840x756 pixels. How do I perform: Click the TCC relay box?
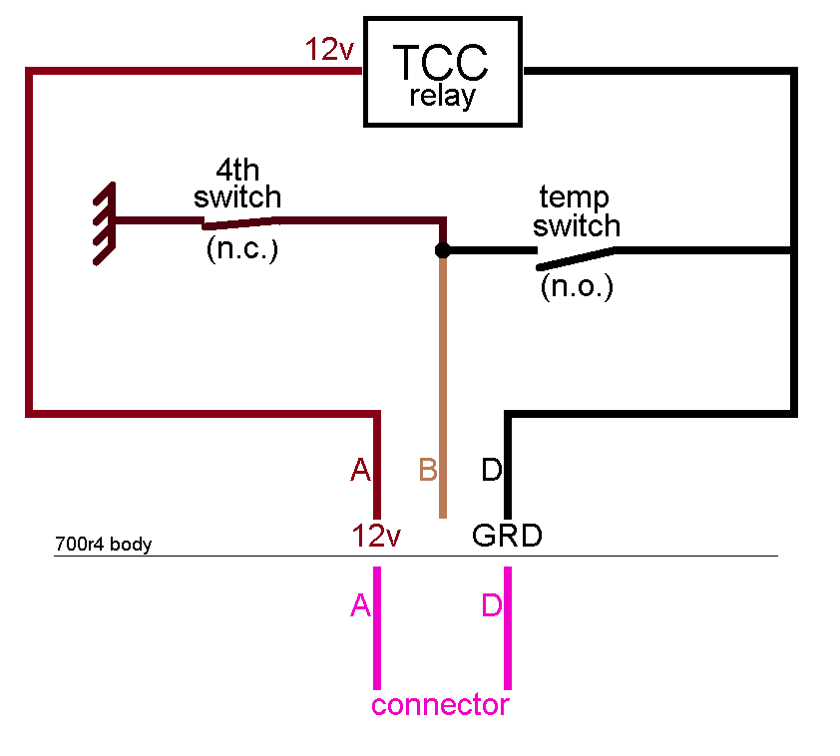click(443, 72)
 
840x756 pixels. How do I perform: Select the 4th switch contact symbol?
click(239, 220)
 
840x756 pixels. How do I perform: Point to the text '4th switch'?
click(237, 183)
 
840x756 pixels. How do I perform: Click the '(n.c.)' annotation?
click(241, 249)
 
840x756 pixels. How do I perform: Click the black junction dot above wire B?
click(443, 250)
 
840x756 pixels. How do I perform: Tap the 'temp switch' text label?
click(576, 211)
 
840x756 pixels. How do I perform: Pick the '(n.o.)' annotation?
click(577, 287)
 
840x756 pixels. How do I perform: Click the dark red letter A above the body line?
click(360, 470)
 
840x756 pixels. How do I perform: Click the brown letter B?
click(428, 470)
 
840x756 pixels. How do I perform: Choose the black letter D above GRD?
click(491, 470)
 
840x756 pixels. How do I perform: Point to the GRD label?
click(507, 536)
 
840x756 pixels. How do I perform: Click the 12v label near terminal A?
click(376, 537)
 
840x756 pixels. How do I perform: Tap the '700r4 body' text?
click(103, 546)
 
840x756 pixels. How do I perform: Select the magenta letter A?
click(360, 605)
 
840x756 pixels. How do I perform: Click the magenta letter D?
click(491, 605)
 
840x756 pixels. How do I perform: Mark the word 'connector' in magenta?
click(440, 705)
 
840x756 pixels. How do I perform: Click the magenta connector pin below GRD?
click(508, 628)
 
